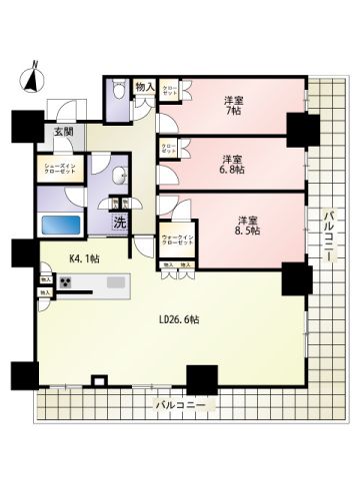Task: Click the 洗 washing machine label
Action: (118, 223)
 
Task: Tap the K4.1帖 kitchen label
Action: (84, 257)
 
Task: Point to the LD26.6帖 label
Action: (177, 321)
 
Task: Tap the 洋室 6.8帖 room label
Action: (233, 165)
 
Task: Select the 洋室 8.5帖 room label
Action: (246, 225)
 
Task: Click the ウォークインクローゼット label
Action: (177, 240)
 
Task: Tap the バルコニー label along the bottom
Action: (181, 406)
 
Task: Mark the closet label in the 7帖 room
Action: (170, 92)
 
